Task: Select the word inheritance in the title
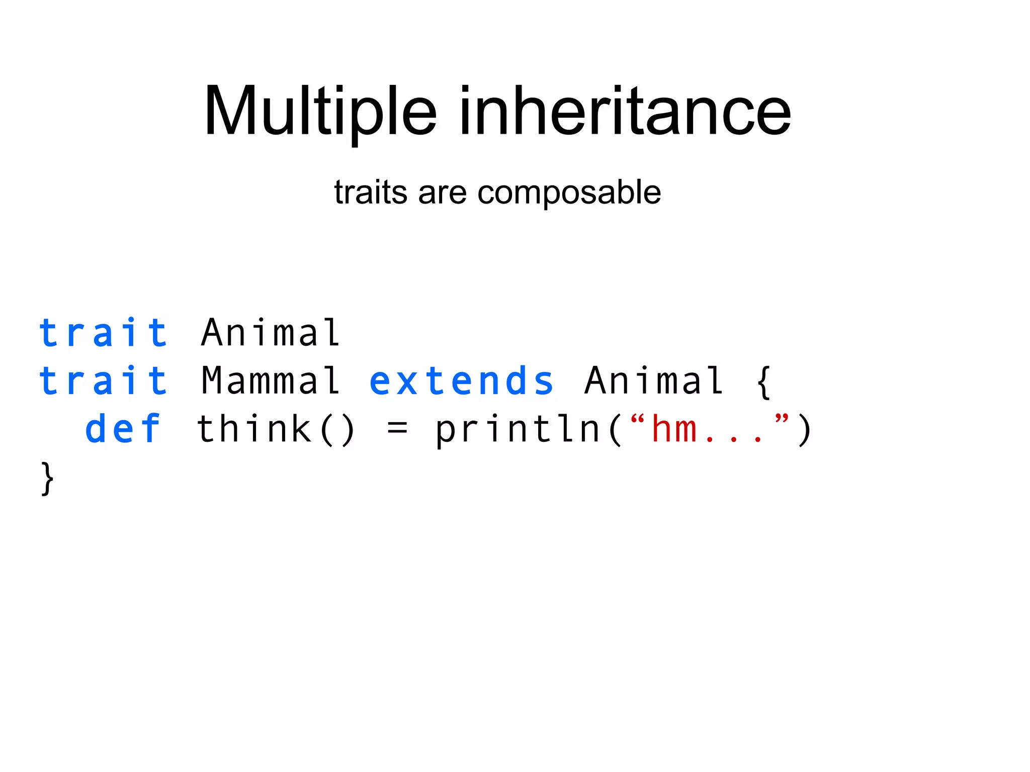pos(625,112)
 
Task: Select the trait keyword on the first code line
pos(104,333)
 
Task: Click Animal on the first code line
pos(271,333)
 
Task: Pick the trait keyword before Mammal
pos(104,380)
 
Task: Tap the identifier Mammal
pos(271,380)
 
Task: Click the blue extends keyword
pos(461,380)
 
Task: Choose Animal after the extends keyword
pos(654,380)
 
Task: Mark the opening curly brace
pos(763,382)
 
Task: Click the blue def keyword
pos(123,429)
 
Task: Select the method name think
pos(254,429)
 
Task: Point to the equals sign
pos(397,429)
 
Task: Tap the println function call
pos(518,430)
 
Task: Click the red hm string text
pos(674,429)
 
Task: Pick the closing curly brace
pos(47,478)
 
